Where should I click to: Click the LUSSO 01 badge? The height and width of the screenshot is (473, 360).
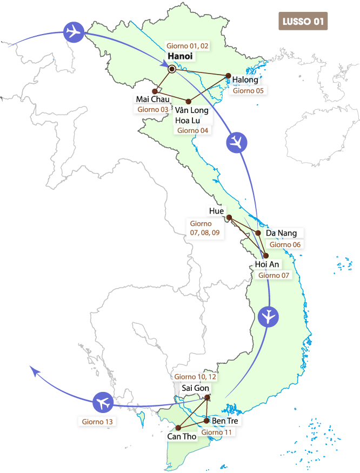tap(303, 21)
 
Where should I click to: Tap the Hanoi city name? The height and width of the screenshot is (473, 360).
tap(180, 56)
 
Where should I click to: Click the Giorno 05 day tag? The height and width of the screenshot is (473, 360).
tap(248, 91)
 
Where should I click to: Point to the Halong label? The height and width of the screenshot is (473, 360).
tap(245, 80)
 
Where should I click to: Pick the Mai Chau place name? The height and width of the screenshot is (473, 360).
tap(153, 99)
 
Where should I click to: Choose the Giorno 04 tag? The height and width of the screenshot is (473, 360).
tap(192, 130)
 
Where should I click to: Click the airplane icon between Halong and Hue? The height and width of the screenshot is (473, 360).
tap(236, 142)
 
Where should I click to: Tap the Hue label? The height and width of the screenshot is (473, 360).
tap(216, 211)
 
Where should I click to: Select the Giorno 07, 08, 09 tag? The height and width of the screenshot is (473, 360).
tap(204, 228)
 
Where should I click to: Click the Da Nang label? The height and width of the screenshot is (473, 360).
tap(281, 233)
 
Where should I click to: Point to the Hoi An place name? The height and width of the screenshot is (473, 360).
tap(267, 264)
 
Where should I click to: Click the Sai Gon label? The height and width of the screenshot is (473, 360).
tap(195, 388)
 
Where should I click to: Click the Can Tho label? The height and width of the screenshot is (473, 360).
tap(182, 436)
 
